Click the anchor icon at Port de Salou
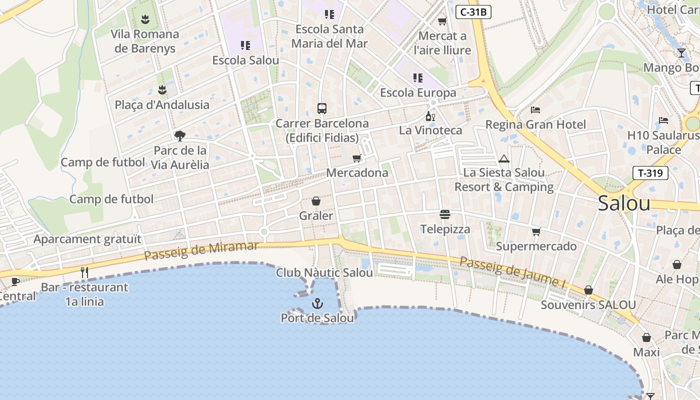[x=317, y=303]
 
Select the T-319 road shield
[x=650, y=173]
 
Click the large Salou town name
[x=624, y=203]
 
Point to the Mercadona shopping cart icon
[x=356, y=158]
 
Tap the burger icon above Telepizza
[x=445, y=214]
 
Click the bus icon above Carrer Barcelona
[x=322, y=108]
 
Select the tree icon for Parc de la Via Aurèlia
[x=179, y=135]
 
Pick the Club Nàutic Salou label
[x=324, y=273]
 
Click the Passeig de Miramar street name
[x=201, y=250]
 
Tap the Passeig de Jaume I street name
[x=512, y=272]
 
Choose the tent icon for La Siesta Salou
[x=503, y=159]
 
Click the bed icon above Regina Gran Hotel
[x=535, y=109]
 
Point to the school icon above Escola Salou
[x=245, y=45]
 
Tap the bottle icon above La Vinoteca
[x=430, y=116]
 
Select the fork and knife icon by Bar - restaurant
[x=84, y=272]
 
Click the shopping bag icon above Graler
[x=316, y=201]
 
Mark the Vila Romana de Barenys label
[x=145, y=41]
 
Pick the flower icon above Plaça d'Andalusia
[x=162, y=90]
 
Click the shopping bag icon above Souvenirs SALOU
[x=588, y=290]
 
